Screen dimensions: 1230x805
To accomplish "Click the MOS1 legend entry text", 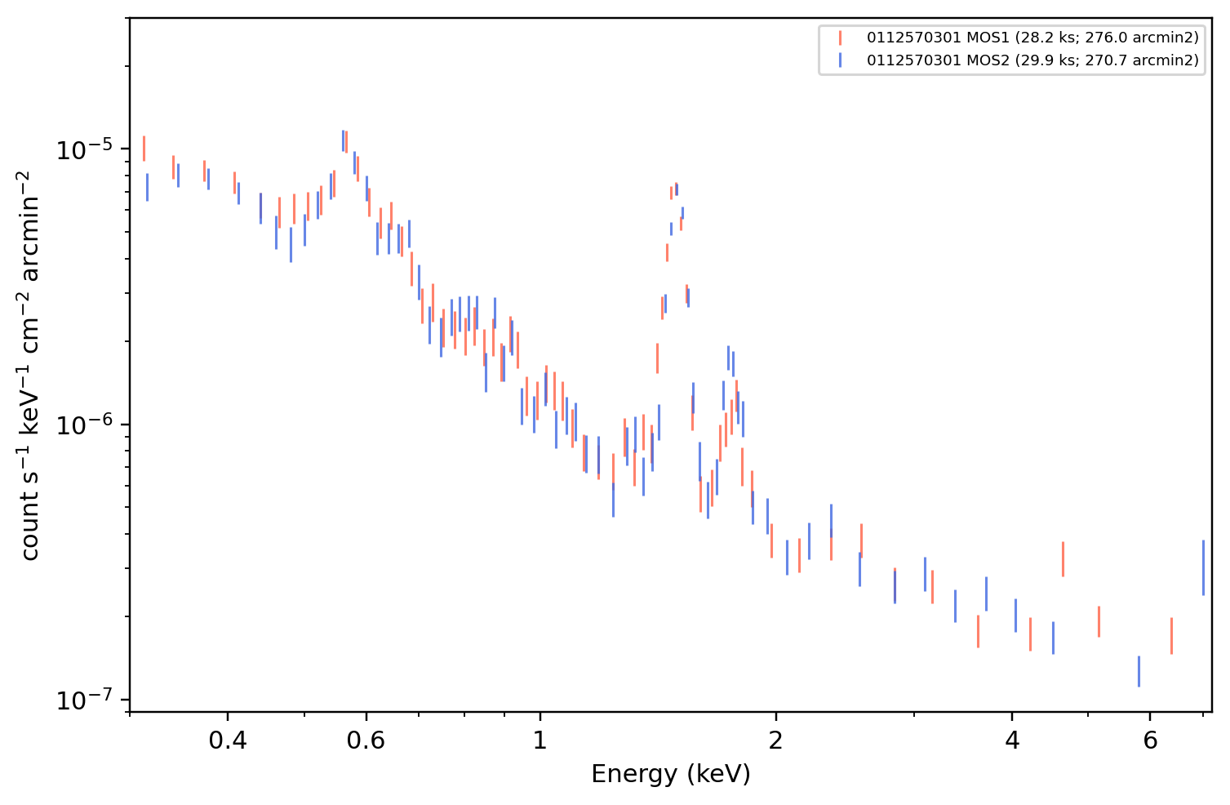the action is [1032, 38].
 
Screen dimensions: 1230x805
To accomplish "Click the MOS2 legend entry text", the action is [1032, 60].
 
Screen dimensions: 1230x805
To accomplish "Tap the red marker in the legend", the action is [840, 38].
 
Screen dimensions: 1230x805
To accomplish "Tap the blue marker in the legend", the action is [840, 60].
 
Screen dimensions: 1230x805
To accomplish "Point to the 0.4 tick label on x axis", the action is [228, 741].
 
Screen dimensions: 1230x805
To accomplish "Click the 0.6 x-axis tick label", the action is [366, 741].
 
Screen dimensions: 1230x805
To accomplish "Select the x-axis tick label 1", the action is [540, 741].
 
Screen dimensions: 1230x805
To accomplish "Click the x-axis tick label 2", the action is [775, 741].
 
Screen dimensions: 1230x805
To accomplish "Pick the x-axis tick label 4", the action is [1012, 741].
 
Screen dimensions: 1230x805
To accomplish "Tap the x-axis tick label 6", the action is [1150, 741].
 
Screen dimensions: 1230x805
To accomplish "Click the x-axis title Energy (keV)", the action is [670, 774].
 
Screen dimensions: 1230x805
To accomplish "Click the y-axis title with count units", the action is [29, 366].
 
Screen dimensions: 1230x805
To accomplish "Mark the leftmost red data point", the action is [144, 149].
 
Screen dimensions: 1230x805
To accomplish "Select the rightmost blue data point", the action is [1204, 567].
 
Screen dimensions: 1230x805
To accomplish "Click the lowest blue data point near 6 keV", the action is [1139, 671].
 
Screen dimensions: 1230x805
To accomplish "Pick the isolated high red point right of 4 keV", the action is [1063, 559].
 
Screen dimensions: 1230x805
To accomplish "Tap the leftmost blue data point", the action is [147, 187].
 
